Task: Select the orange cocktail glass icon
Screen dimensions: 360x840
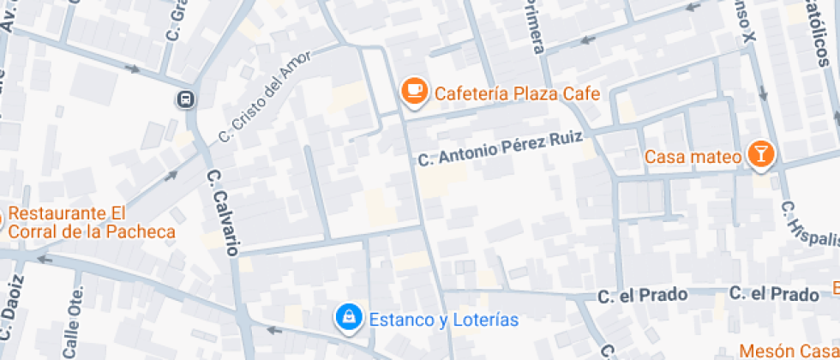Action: point(759,154)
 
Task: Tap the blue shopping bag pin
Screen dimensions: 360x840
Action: point(348,318)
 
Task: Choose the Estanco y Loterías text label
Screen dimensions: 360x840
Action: point(444,320)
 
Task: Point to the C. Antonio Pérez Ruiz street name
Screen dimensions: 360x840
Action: point(500,147)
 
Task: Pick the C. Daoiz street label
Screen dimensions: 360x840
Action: point(12,309)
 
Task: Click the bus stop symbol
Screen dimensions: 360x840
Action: point(185,99)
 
